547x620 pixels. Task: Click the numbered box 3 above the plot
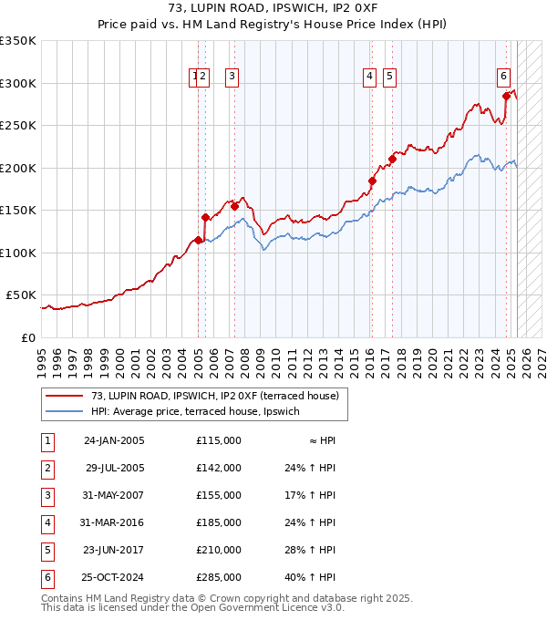click(232, 77)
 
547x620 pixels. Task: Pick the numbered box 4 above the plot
click(370, 77)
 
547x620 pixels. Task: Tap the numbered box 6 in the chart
click(503, 77)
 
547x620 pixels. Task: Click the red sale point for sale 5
click(392, 160)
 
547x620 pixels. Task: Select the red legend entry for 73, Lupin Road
click(214, 396)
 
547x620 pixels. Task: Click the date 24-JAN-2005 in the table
click(114, 440)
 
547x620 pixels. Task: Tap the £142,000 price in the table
click(219, 468)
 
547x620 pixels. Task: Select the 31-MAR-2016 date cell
click(114, 522)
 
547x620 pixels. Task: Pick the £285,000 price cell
click(219, 577)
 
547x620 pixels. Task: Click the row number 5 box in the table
click(46, 550)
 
